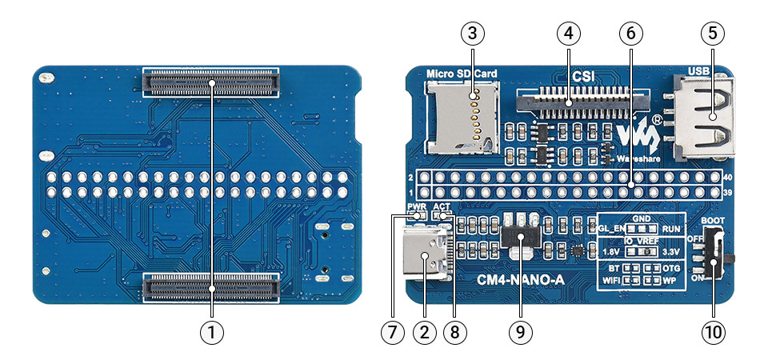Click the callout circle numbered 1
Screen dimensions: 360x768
click(211, 331)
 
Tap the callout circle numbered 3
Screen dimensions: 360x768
click(472, 34)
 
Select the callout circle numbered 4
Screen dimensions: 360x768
click(568, 34)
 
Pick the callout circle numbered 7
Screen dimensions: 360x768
click(393, 331)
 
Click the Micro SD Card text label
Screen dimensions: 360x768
click(462, 74)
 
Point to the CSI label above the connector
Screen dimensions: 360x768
click(582, 78)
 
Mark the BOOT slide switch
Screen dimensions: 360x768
click(718, 255)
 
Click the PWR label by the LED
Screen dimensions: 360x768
click(415, 206)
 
